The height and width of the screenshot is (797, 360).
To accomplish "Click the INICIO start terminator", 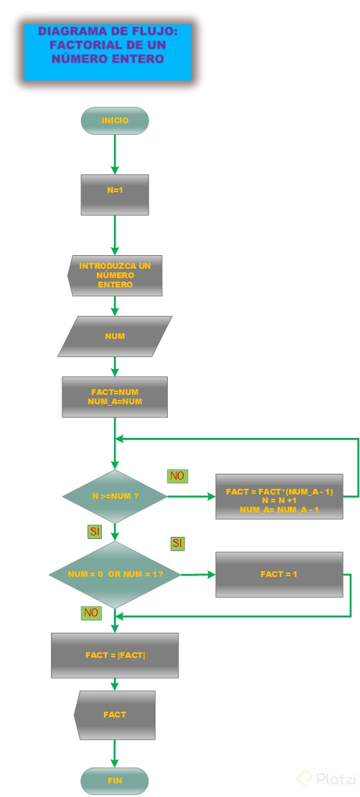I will click(x=115, y=120).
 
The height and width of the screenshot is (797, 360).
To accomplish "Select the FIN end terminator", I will click(x=115, y=781).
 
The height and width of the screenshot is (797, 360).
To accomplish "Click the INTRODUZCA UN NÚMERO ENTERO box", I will click(x=115, y=275).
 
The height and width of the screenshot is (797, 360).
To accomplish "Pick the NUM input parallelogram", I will click(x=115, y=336).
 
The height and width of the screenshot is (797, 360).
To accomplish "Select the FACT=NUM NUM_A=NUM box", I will click(x=115, y=397).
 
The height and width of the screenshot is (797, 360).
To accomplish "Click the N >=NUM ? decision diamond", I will click(x=115, y=496).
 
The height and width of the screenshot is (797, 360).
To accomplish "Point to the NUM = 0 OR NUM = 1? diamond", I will click(x=115, y=575).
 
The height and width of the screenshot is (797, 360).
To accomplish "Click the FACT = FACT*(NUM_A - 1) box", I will click(x=279, y=496).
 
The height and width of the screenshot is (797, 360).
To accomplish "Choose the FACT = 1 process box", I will click(x=279, y=575).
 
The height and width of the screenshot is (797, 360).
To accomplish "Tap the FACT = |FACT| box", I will click(x=115, y=655).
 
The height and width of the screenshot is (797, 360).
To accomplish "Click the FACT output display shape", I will click(x=115, y=715).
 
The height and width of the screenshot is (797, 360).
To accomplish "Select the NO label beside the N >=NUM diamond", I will click(x=177, y=476).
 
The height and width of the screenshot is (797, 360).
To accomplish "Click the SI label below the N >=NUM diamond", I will click(x=95, y=531).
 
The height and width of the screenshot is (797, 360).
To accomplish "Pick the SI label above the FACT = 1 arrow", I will click(x=177, y=543).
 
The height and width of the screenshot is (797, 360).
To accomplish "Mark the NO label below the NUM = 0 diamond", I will click(x=91, y=613).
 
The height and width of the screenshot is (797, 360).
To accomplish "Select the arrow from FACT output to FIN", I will click(x=115, y=754).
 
